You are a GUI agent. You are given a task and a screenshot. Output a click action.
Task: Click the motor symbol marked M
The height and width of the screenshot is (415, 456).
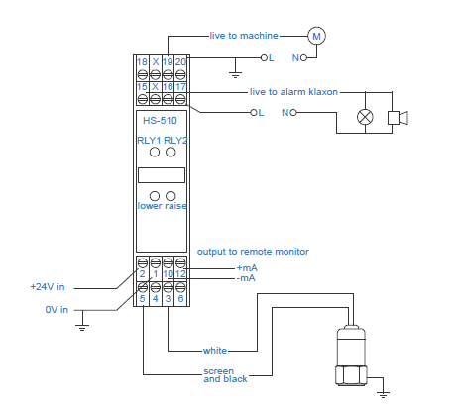tap(316, 36)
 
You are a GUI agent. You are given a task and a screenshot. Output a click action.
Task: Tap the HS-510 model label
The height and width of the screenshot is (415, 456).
tap(160, 121)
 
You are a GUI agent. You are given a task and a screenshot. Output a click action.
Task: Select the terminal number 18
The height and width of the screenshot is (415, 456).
tap(142, 62)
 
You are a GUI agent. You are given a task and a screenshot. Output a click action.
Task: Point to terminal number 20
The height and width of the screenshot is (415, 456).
tap(180, 62)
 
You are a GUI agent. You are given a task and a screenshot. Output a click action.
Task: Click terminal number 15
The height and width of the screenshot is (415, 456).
tap(142, 87)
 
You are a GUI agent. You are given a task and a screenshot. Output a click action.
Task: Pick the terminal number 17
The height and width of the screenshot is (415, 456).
tap(180, 87)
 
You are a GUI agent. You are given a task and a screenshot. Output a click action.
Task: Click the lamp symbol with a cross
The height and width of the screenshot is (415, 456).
tap(365, 117)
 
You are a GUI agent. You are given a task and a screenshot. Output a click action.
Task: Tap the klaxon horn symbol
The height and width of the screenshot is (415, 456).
tap(398, 118)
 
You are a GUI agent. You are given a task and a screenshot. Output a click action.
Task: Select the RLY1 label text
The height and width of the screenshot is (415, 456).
tap(149, 141)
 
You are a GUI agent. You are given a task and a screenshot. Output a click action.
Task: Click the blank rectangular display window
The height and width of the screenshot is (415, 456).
tap(162, 175)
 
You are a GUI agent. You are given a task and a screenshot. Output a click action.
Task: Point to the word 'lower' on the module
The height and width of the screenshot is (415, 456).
tap(150, 206)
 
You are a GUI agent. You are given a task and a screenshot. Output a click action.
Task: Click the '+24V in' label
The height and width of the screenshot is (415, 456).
tap(48, 287)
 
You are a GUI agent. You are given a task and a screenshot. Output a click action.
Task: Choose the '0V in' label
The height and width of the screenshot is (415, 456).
tap(57, 310)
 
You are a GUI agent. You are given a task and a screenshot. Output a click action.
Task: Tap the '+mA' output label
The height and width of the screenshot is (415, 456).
tap(247, 268)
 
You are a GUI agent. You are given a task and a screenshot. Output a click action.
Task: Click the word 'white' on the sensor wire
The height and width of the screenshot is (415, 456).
tap(215, 351)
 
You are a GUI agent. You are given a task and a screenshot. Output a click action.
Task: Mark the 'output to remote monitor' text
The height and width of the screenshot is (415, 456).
tap(253, 252)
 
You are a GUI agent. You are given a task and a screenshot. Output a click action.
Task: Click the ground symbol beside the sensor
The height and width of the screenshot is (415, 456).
tap(383, 394)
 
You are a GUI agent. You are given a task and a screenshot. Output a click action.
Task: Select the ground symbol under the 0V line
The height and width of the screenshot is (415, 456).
tap(82, 328)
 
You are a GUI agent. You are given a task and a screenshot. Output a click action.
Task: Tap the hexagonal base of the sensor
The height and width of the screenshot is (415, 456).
tap(351, 375)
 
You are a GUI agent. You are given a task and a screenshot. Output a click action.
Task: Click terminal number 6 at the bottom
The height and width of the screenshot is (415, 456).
tap(180, 299)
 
